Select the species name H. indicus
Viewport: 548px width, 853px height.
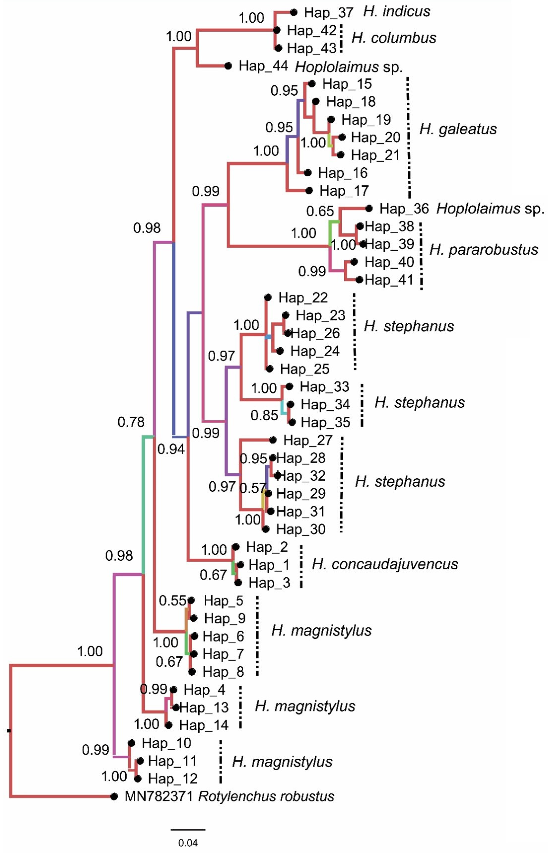pyautogui.click(x=397, y=12)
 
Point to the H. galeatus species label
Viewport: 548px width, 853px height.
pyautogui.click(x=458, y=129)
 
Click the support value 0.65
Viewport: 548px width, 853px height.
pyautogui.click(x=320, y=211)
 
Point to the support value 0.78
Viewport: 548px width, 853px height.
pyautogui.click(x=131, y=422)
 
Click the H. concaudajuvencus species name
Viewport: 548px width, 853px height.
pyautogui.click(x=385, y=564)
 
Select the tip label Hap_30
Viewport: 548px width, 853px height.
pyautogui.click(x=301, y=529)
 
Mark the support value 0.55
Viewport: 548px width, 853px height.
pyautogui.click(x=172, y=601)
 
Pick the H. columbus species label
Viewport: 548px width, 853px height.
pyautogui.click(x=394, y=38)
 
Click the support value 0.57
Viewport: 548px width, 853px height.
pyautogui.click(x=252, y=488)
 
